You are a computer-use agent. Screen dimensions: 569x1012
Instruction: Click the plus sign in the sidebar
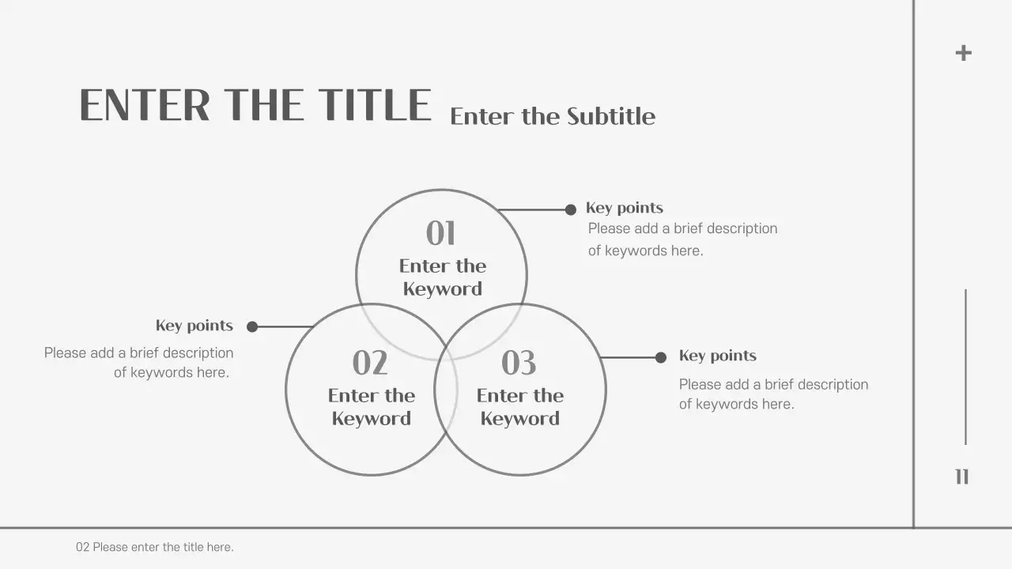tap(963, 53)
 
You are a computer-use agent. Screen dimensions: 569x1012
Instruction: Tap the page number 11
tap(961, 477)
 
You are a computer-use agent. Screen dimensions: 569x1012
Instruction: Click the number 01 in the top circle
tap(441, 234)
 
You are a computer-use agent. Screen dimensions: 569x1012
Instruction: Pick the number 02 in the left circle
tap(370, 364)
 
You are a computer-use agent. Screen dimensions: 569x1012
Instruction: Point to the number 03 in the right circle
tap(519, 364)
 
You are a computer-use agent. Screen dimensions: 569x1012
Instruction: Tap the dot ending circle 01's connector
tap(571, 209)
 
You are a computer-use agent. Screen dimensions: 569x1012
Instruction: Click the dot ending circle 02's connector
tap(252, 326)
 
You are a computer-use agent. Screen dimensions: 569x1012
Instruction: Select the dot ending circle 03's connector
tap(661, 357)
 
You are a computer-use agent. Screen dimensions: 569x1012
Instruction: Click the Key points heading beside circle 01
tap(624, 208)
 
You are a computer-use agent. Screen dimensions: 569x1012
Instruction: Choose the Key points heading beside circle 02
tap(194, 326)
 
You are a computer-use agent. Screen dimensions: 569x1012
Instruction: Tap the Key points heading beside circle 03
tap(717, 356)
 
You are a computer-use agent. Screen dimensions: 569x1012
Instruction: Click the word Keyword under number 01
tap(442, 289)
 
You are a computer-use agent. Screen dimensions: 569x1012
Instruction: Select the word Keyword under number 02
tap(371, 419)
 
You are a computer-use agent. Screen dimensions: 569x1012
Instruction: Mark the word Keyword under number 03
tap(519, 419)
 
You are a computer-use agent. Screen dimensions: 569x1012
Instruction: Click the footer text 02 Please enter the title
tap(154, 547)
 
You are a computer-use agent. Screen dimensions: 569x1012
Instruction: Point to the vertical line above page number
tap(965, 367)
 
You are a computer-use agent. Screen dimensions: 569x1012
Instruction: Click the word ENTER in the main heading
tap(145, 106)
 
